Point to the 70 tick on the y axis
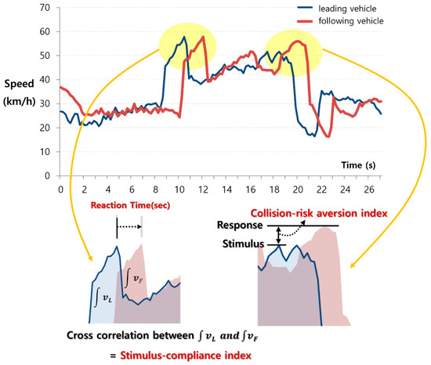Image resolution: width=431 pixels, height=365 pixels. tap(45, 8)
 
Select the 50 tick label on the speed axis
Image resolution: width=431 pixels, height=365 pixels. tap(45, 56)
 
